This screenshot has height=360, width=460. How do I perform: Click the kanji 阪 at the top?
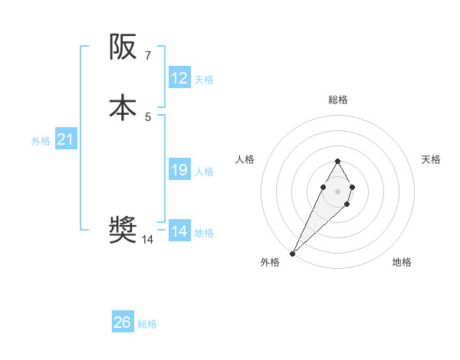pos(124,48)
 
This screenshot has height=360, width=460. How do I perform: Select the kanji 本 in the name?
pos(124,106)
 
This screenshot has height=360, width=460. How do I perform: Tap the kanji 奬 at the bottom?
pos(124,229)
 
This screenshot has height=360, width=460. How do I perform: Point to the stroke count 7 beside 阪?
pos(148,56)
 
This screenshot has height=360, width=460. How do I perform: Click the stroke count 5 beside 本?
pos(148,116)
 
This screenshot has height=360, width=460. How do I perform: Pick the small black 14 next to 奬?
pos(148,240)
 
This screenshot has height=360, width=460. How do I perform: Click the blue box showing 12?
pos(179,78)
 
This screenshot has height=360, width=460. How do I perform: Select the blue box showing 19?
pos(179,170)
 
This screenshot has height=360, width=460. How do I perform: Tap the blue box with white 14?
pos(179,231)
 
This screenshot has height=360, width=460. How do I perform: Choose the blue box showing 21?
pos(66,139)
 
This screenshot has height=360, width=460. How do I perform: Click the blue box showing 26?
pos(123,322)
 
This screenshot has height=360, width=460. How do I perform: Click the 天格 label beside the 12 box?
pos(204,80)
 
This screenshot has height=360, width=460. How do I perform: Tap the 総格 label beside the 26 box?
pos(147,324)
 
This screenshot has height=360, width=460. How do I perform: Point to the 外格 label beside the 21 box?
pos(41,141)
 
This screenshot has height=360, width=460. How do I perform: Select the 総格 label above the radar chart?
pos(338,100)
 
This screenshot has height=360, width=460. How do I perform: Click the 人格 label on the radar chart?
pos(245,159)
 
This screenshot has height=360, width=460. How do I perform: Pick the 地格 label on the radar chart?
pos(402,262)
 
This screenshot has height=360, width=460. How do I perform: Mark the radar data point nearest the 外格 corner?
pos(293,253)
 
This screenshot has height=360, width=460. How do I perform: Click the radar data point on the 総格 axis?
pos(337,161)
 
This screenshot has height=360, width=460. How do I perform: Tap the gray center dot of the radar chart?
pos(337,190)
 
